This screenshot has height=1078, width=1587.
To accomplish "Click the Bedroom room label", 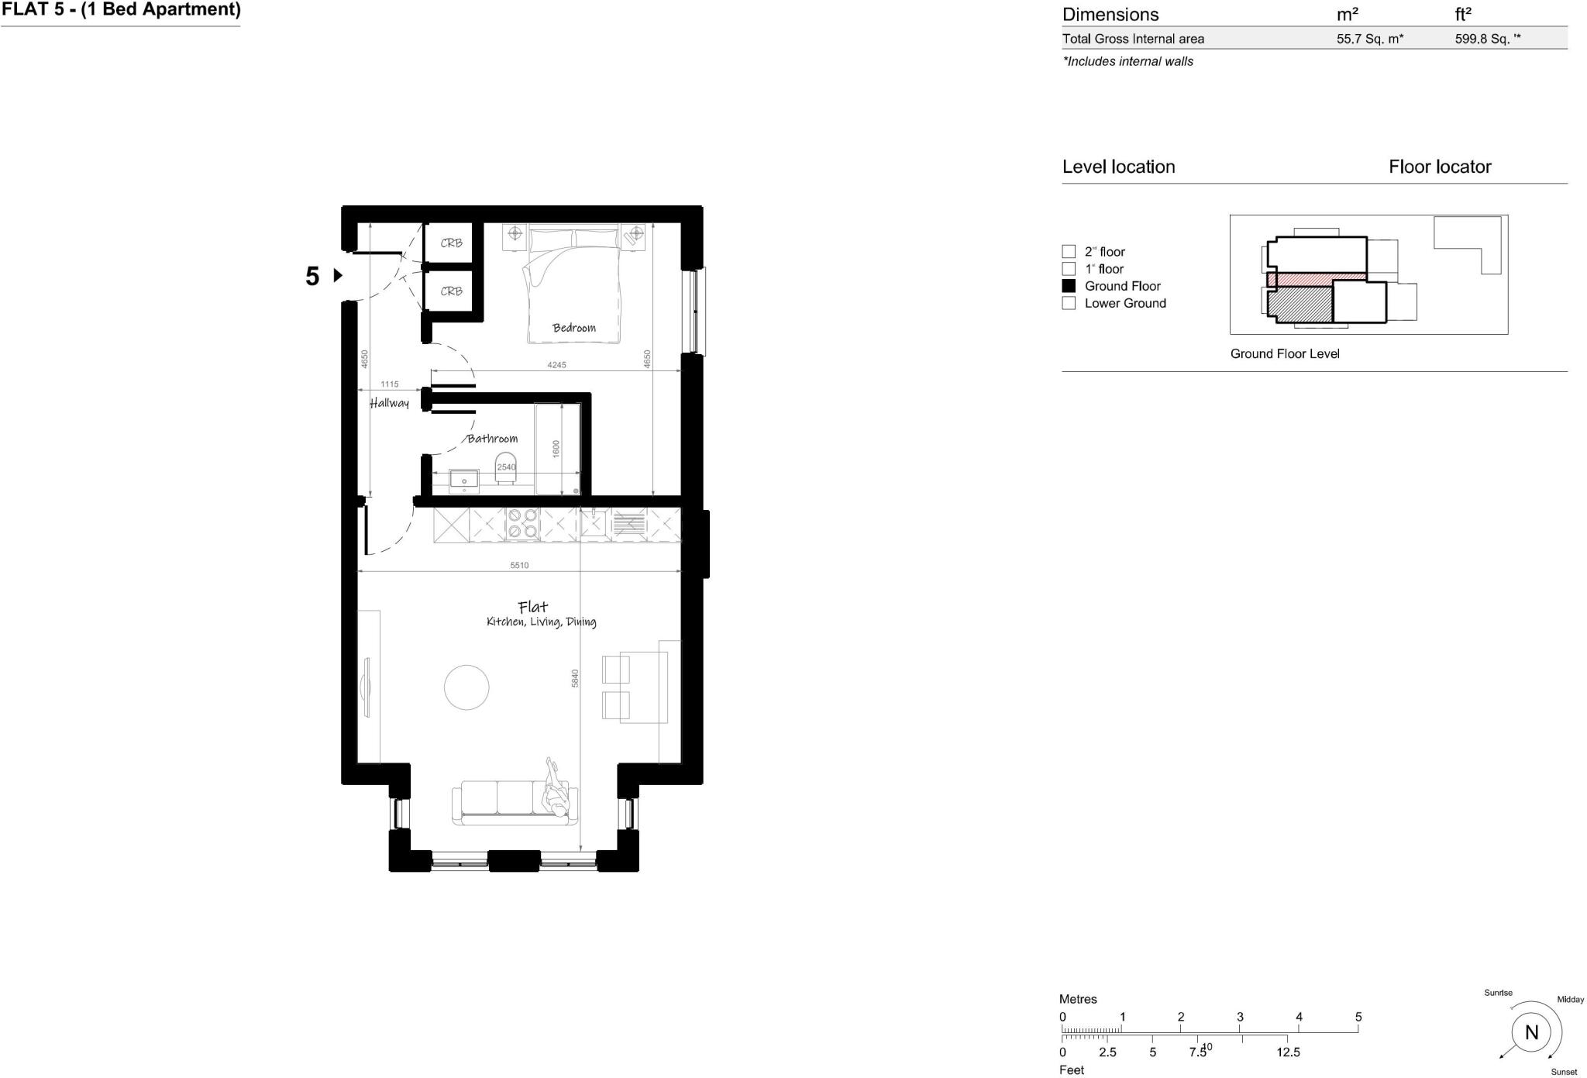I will pyautogui.click(x=573, y=328).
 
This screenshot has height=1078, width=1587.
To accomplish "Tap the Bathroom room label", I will pyautogui.click(x=492, y=439).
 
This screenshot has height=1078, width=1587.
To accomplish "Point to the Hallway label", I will pyautogui.click(x=389, y=403).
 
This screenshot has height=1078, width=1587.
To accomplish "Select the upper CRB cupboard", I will pyautogui.click(x=451, y=243).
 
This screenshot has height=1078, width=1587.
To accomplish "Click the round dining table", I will pyautogui.click(x=466, y=687).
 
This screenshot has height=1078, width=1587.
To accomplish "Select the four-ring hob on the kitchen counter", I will pyautogui.click(x=522, y=523).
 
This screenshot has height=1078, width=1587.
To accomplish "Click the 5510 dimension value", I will pyautogui.click(x=519, y=566).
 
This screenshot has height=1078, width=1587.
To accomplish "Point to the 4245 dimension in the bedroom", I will pyautogui.click(x=556, y=365).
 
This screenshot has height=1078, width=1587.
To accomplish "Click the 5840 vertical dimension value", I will pyautogui.click(x=575, y=678).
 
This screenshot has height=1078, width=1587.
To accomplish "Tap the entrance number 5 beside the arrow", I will pyautogui.click(x=312, y=276).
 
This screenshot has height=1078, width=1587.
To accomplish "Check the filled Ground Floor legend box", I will pyautogui.click(x=1069, y=286).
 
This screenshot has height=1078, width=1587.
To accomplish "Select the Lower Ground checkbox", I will pyautogui.click(x=1069, y=303).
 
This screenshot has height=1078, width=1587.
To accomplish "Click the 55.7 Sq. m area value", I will pyautogui.click(x=1369, y=39).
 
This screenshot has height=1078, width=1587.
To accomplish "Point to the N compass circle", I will pyautogui.click(x=1531, y=1032).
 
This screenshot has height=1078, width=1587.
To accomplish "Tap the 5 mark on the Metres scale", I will pyautogui.click(x=1358, y=1017).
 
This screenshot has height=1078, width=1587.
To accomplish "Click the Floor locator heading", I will pyautogui.click(x=1439, y=167).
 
